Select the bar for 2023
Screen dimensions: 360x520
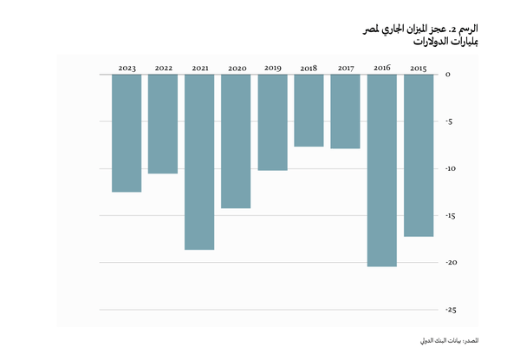click(x=127, y=133)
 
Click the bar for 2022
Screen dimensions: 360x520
click(x=163, y=124)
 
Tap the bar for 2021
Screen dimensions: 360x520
click(x=199, y=162)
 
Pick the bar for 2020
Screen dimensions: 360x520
click(x=236, y=141)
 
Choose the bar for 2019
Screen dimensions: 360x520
click(x=272, y=122)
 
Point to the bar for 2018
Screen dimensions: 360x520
click(x=309, y=110)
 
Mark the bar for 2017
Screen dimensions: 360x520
click(x=345, y=111)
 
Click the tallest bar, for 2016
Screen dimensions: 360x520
click(x=381, y=170)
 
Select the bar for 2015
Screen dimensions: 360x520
click(x=418, y=155)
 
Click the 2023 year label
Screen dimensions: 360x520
click(x=127, y=68)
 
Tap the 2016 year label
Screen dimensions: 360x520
click(x=381, y=68)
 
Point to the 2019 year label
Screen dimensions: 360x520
click(x=272, y=68)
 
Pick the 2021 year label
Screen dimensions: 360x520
click(x=199, y=68)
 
